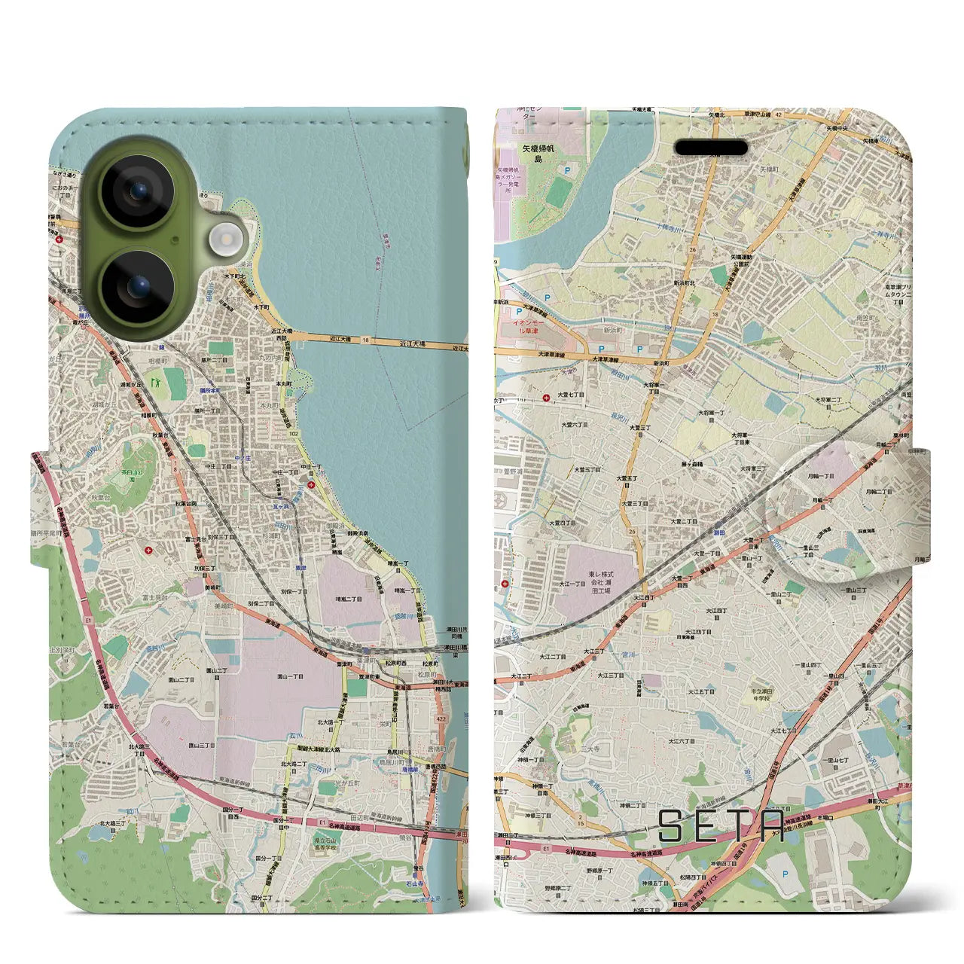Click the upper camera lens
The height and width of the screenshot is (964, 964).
coord(137,191)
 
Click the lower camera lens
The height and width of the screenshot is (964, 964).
coord(137,286)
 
